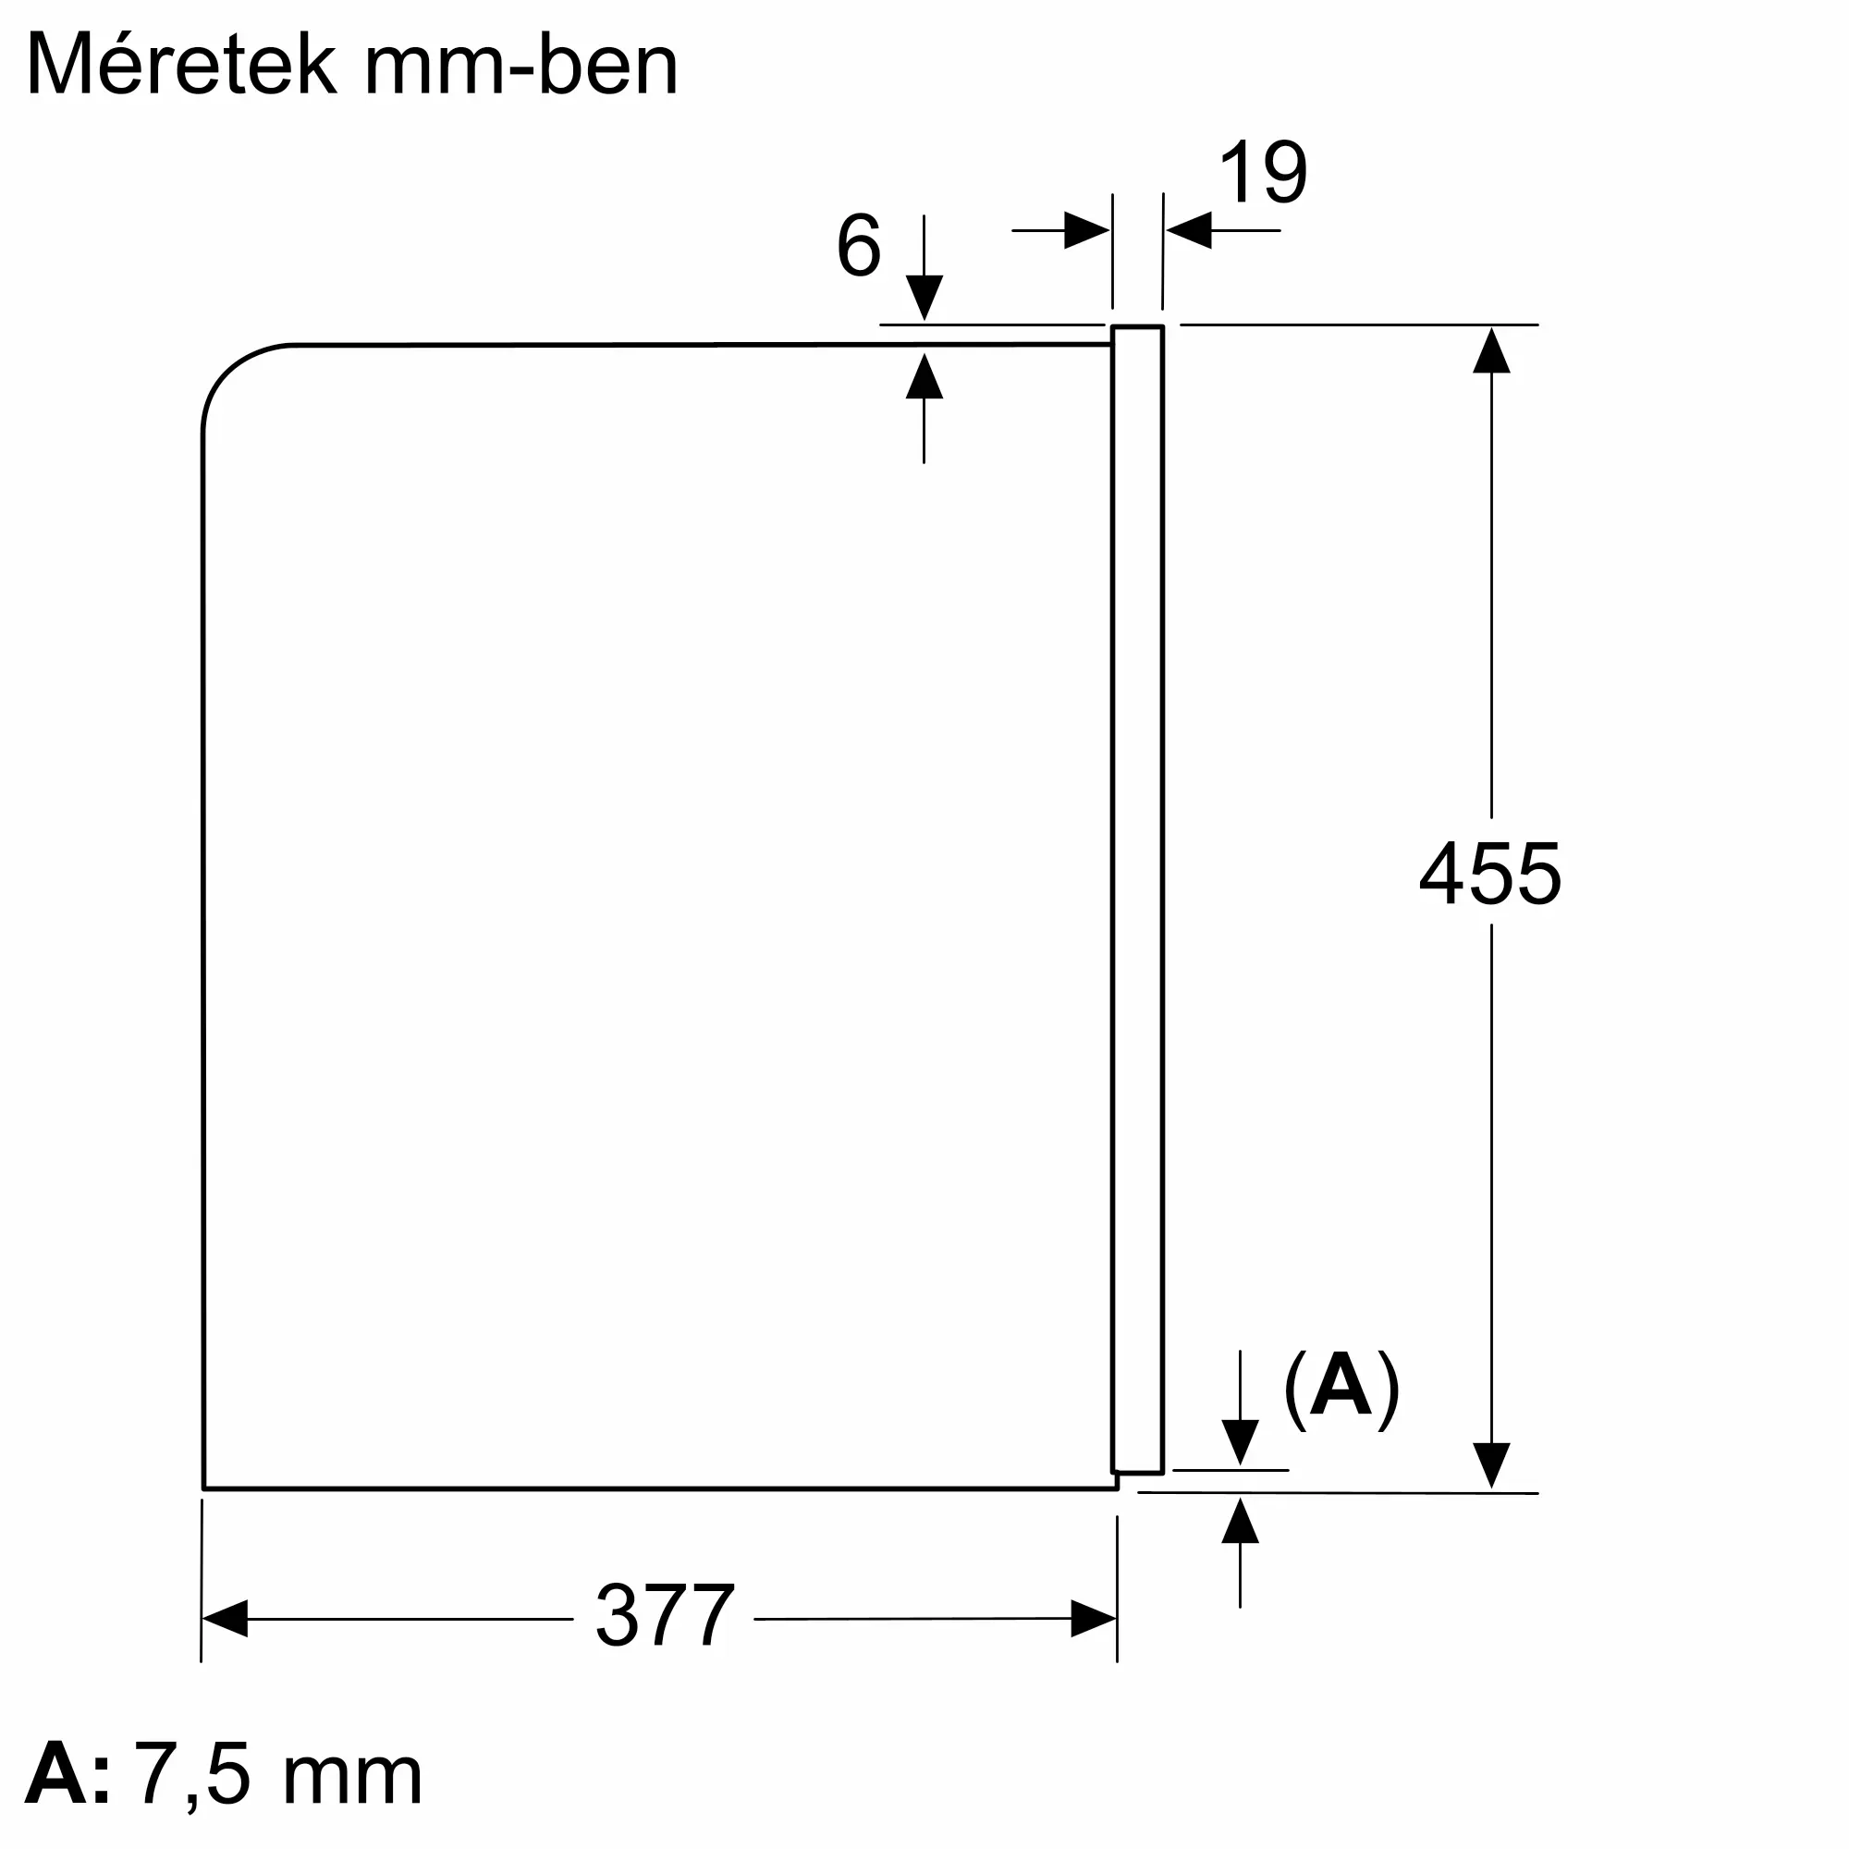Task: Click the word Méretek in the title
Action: coord(182,65)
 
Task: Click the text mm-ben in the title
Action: coord(520,65)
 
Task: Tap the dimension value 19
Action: coord(1262,173)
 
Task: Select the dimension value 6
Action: coord(859,246)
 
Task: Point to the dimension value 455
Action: coord(1490,873)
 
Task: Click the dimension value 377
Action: coord(664,1615)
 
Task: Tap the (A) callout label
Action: coord(1341,1390)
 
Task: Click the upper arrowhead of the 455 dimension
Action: coord(1491,350)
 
